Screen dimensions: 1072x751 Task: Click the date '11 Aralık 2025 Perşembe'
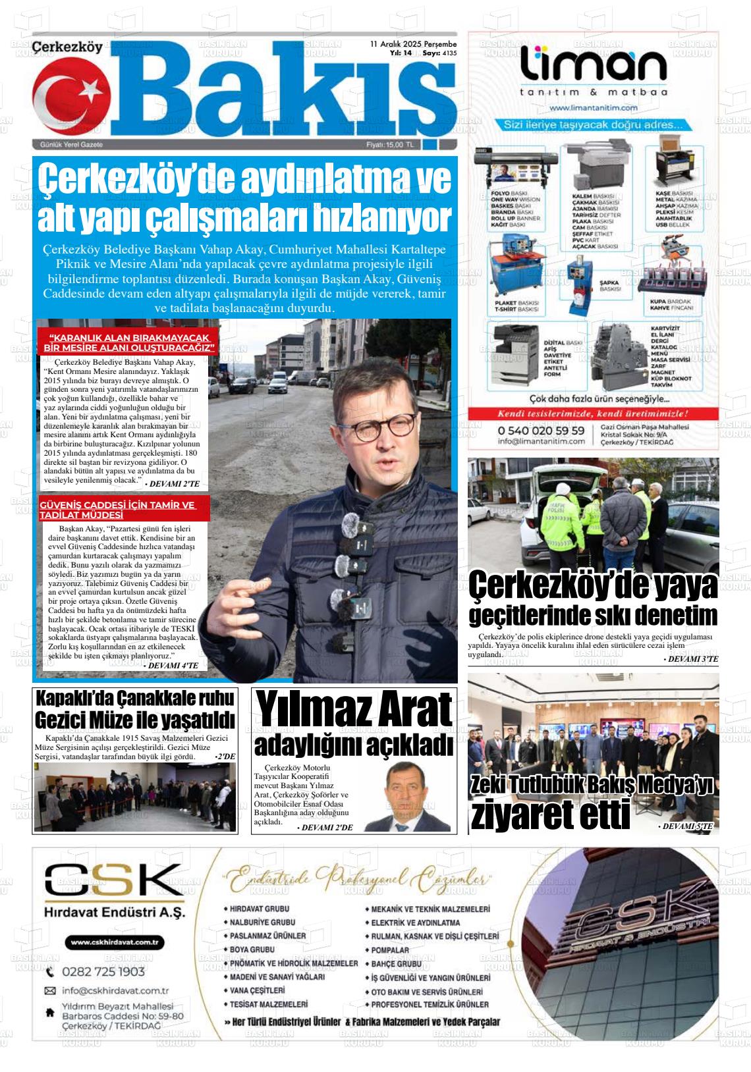pos(413,43)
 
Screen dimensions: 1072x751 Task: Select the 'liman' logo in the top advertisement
pos(594,67)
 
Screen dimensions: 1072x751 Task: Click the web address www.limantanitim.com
pos(593,107)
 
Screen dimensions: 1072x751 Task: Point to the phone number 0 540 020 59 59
pos(541,430)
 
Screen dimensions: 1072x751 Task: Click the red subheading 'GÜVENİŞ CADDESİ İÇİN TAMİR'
pos(118,510)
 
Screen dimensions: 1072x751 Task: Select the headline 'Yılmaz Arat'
pos(354,710)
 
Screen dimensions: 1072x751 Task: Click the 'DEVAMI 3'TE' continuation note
pos(690,658)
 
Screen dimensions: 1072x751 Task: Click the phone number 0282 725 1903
pos(103,972)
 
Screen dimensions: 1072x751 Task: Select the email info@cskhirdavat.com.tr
pos(115,990)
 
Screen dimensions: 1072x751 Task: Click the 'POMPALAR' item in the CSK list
pos(390,950)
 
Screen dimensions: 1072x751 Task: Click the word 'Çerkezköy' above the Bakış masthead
pos(68,47)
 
